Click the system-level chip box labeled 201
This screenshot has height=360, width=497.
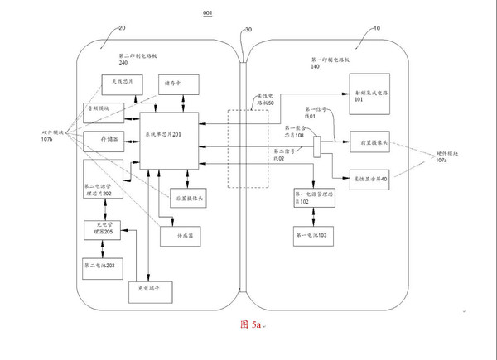[171, 135]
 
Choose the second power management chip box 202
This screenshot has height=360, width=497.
[104, 187]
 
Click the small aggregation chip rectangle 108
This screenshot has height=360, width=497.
[316, 147]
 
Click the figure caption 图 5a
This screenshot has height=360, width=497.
[249, 325]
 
